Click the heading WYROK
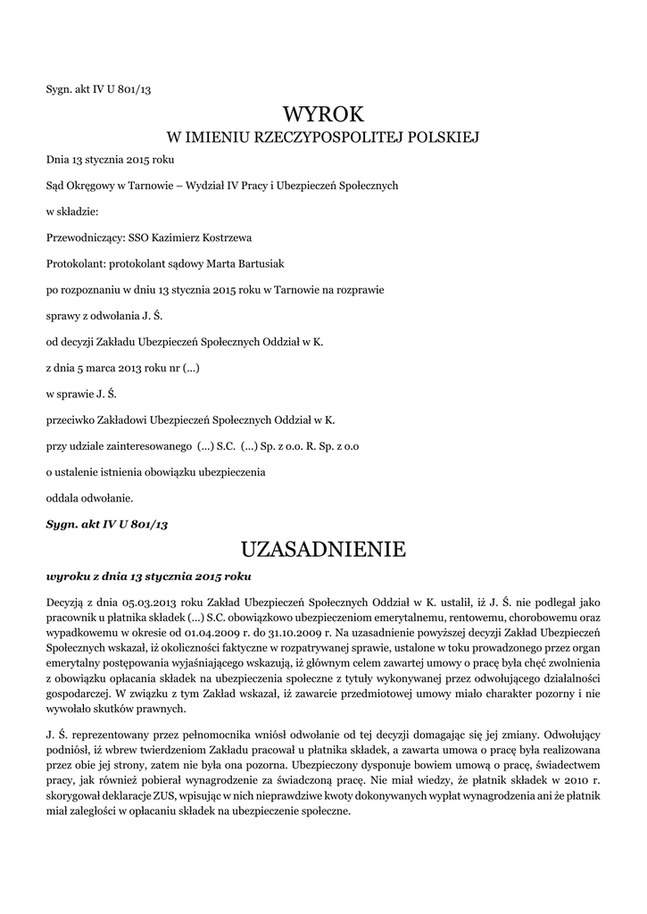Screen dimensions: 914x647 pyautogui.click(x=323, y=114)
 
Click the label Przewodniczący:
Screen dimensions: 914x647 pyautogui.click(x=87, y=238)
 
